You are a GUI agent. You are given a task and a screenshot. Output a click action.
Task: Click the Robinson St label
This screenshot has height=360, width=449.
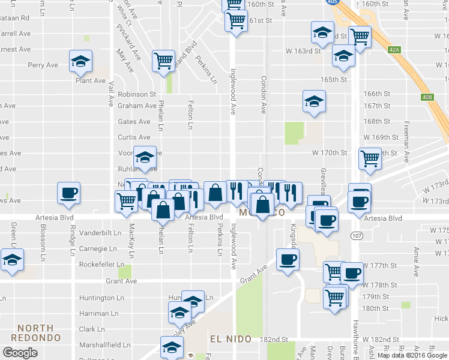[x=137, y=94]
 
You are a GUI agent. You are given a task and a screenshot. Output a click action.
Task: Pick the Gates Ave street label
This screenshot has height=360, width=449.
[x=134, y=122]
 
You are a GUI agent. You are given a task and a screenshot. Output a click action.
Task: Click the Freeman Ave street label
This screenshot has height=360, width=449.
[x=407, y=138]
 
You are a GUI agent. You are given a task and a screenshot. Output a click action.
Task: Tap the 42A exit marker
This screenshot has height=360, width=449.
[x=394, y=50]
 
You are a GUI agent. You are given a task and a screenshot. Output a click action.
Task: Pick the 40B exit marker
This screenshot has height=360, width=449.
[x=427, y=97]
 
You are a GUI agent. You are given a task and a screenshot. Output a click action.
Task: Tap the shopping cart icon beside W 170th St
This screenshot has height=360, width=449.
[x=370, y=158]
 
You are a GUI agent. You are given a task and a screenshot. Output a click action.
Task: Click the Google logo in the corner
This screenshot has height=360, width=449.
[x=20, y=353]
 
